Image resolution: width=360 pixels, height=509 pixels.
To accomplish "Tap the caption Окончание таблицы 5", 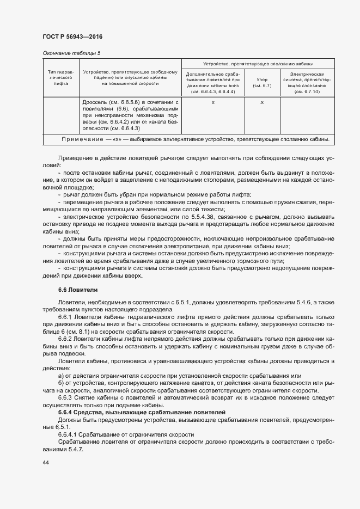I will tap(71, 53).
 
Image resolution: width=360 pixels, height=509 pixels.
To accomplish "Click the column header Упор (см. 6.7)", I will tap(262, 83).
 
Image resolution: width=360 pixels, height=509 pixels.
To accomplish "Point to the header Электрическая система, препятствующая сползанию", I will tap(307, 83).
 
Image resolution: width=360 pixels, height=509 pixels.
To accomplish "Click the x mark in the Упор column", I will tap(262, 102).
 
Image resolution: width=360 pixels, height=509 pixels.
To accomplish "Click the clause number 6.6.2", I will tap(65, 339).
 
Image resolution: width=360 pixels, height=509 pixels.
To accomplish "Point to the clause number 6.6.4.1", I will tap(69, 434).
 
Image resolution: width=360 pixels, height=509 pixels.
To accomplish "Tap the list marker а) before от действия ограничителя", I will tap(60, 376).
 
